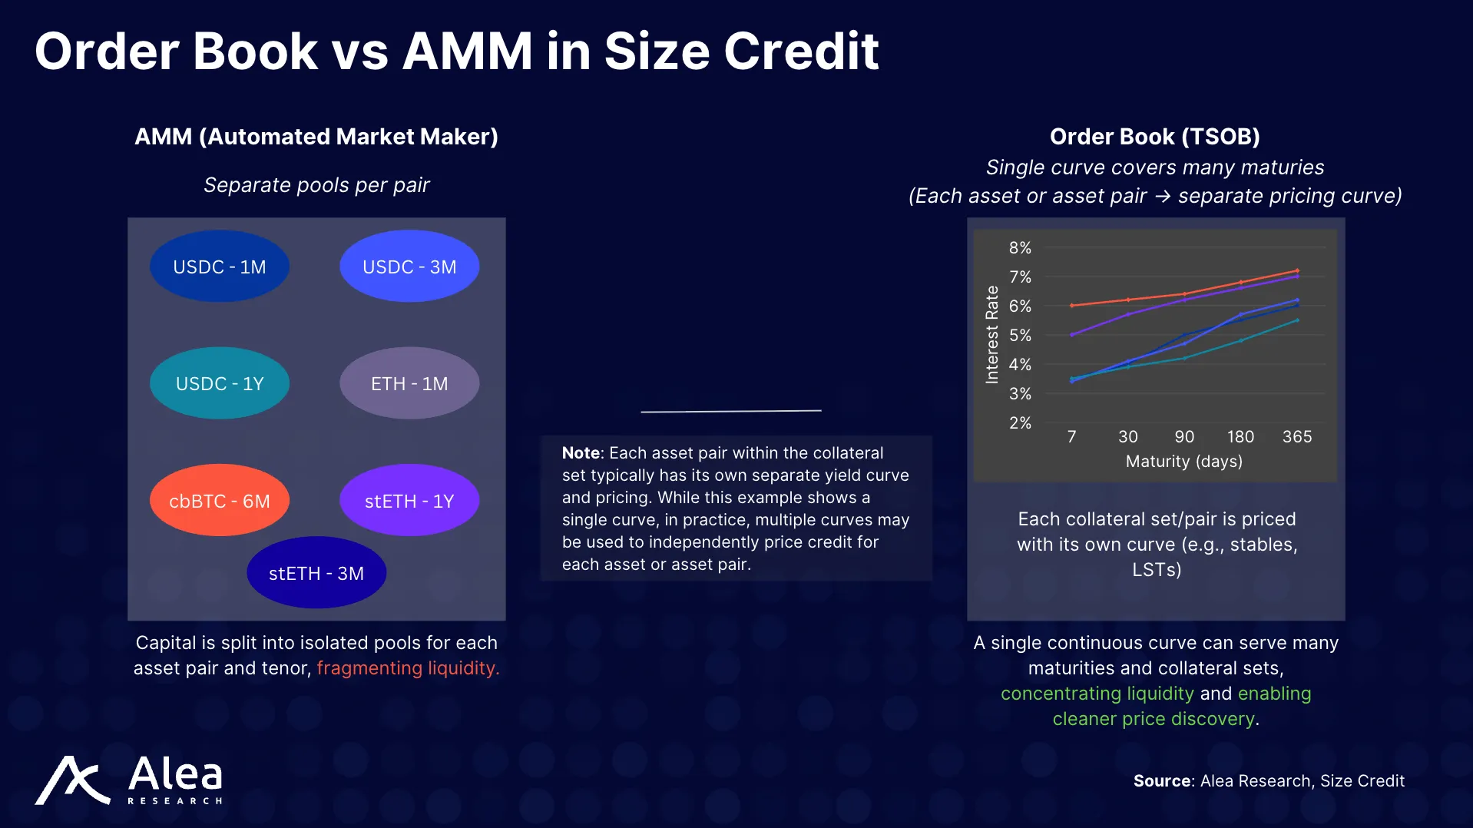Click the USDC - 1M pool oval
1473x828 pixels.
(220, 267)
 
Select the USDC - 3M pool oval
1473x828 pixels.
(409, 267)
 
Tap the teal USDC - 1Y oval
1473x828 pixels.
(220, 383)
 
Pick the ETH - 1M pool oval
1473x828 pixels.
(409, 383)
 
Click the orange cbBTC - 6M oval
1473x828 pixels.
(220, 501)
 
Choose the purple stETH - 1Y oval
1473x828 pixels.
(409, 501)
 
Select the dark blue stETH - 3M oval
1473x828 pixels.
(316, 573)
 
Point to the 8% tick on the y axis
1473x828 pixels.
(1020, 248)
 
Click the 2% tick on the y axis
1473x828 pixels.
(1020, 423)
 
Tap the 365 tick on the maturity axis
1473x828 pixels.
(1297, 437)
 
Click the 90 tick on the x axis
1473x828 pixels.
(1184, 437)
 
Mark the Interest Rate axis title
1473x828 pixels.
(992, 335)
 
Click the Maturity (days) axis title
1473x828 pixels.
(1183, 462)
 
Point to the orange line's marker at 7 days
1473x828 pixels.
(1072, 306)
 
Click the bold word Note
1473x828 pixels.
(581, 453)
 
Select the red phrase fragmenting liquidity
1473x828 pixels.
(408, 668)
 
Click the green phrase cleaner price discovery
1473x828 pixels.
(1153, 719)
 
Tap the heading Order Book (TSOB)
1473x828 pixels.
(1154, 137)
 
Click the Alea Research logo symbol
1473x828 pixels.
(73, 780)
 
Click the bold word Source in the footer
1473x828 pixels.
(1162, 781)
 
